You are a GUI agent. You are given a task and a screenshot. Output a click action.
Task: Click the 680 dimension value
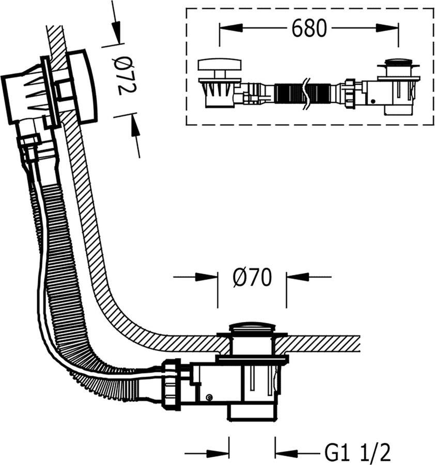309,28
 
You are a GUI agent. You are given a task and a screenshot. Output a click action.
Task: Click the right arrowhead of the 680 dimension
388,28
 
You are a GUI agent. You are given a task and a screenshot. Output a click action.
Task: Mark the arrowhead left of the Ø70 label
207,277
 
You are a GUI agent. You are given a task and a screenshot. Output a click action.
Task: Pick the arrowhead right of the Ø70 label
297,277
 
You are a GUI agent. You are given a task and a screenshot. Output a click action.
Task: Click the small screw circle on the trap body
209,397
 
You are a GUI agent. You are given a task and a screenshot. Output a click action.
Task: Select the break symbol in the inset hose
307,93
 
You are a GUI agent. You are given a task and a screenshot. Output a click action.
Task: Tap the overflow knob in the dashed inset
220,66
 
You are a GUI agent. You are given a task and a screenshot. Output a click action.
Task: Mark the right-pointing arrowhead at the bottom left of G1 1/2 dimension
220,454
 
